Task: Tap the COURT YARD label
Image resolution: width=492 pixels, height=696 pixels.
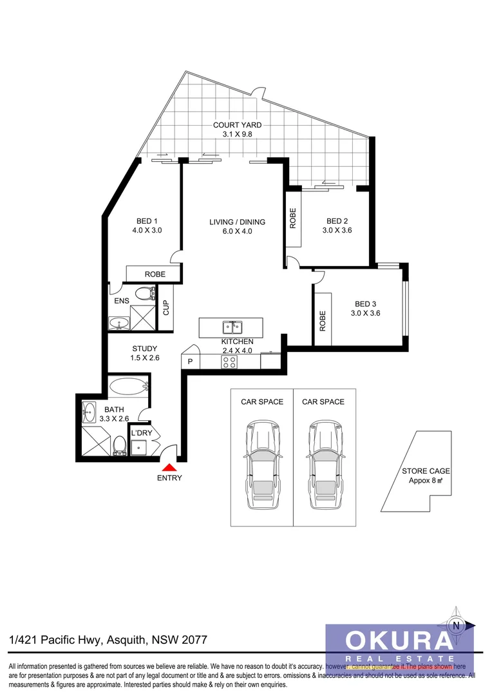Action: [x=237, y=125]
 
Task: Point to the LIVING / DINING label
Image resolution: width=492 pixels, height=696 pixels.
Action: [x=237, y=222]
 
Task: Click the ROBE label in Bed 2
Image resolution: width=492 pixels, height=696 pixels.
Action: [x=293, y=218]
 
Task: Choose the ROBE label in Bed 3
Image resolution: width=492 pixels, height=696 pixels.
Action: [x=323, y=320]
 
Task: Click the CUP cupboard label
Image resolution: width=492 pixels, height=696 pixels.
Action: [x=166, y=307]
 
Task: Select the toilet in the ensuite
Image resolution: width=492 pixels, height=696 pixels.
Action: [x=152, y=294]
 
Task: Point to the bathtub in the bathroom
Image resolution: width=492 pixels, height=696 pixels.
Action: [x=129, y=387]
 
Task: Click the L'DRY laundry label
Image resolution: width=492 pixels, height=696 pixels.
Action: [x=142, y=433]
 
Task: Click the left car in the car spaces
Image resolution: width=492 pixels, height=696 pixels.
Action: [x=261, y=460]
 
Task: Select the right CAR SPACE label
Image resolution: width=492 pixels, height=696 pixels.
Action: [x=323, y=402]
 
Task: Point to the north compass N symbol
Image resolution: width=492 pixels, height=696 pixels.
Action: [x=457, y=624]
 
